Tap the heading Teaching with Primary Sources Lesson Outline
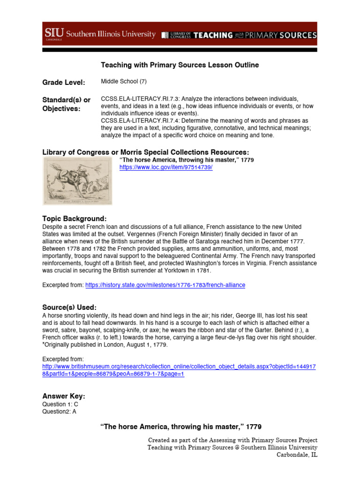click(180, 65)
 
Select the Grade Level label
click(64, 83)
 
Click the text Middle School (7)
click(124, 81)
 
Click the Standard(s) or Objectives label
click(66, 105)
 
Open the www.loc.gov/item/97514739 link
click(159, 167)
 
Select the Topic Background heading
click(74, 219)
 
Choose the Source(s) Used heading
click(69, 307)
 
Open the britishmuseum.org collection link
click(178, 370)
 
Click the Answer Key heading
click(64, 397)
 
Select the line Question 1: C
click(60, 404)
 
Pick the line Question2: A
click(59, 411)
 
